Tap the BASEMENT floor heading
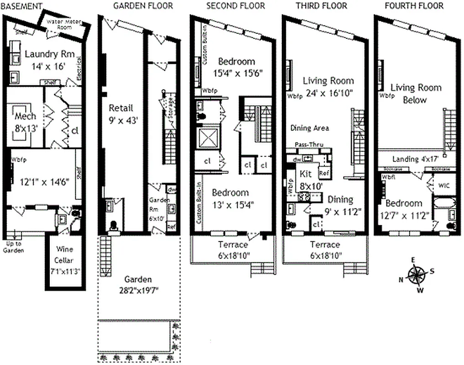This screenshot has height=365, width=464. coord(21,6)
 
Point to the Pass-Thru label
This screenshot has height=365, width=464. coord(309,144)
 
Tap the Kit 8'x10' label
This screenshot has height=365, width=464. coord(309,179)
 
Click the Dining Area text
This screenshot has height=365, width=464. coord(310,129)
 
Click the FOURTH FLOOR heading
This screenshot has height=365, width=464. coord(414,6)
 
